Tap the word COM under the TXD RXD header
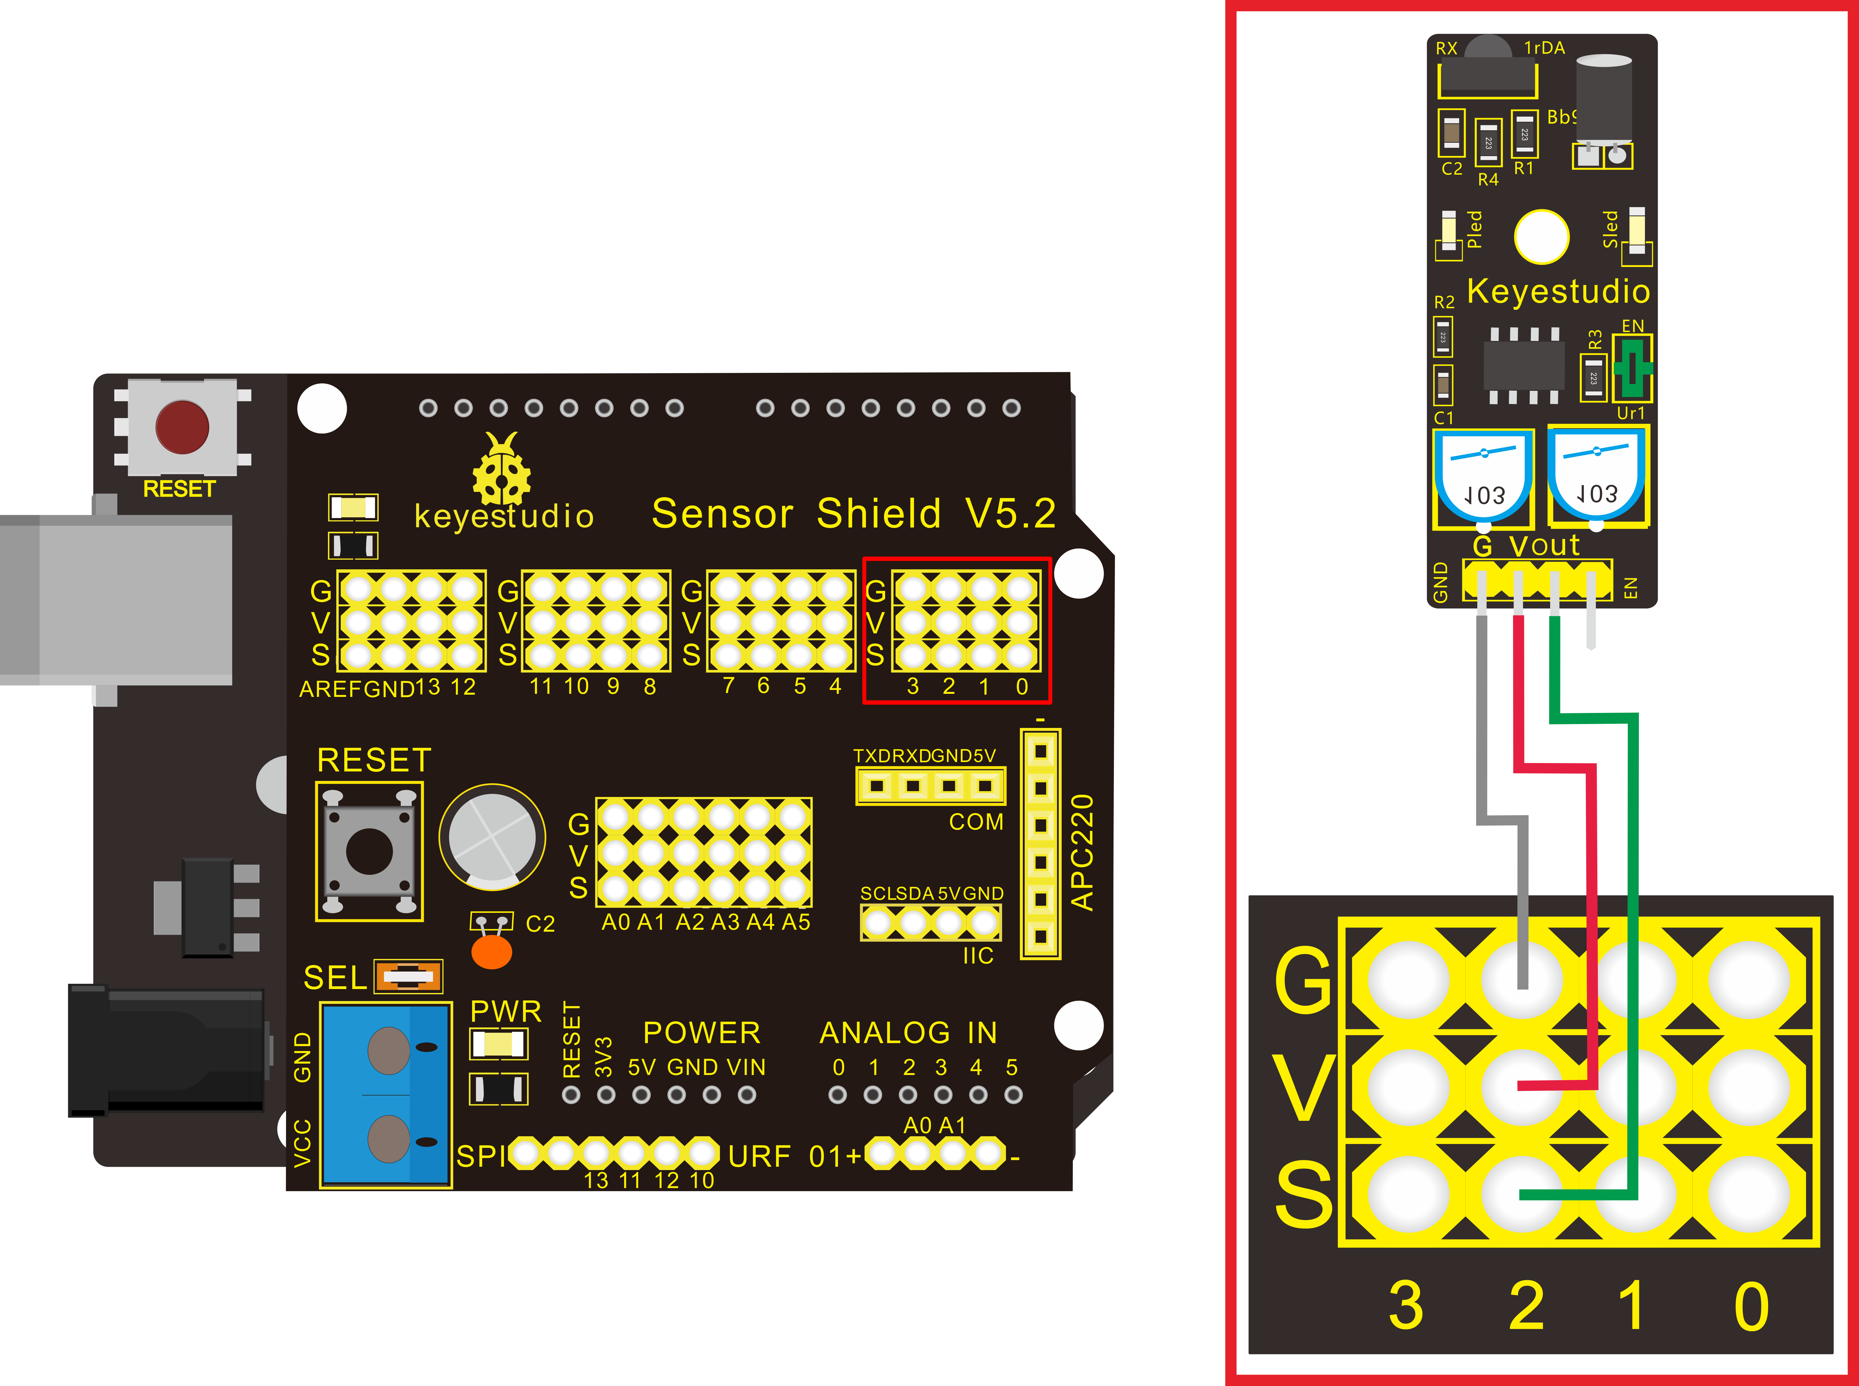tap(976, 822)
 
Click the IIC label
tap(977, 956)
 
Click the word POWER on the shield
tap(701, 1033)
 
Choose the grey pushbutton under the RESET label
tap(369, 851)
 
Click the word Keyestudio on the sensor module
tap(1558, 291)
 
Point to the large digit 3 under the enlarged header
tap(1406, 1306)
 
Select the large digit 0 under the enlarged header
tap(1752, 1306)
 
